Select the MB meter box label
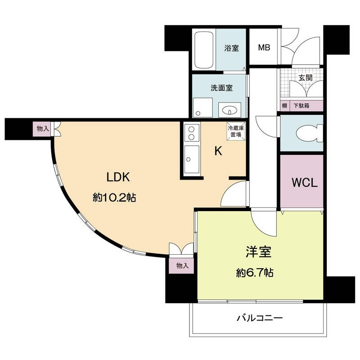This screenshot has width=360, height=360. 264,48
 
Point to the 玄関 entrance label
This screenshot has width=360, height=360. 306,77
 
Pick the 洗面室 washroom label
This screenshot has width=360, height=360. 221,88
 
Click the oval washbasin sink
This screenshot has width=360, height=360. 230,110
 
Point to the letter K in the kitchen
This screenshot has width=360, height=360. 218,152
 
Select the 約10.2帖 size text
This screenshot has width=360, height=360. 115,197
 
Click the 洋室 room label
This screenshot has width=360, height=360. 258,252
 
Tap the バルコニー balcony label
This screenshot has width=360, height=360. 260,319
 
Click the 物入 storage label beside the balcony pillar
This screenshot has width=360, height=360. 183,266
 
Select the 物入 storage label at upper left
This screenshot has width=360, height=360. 43,129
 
